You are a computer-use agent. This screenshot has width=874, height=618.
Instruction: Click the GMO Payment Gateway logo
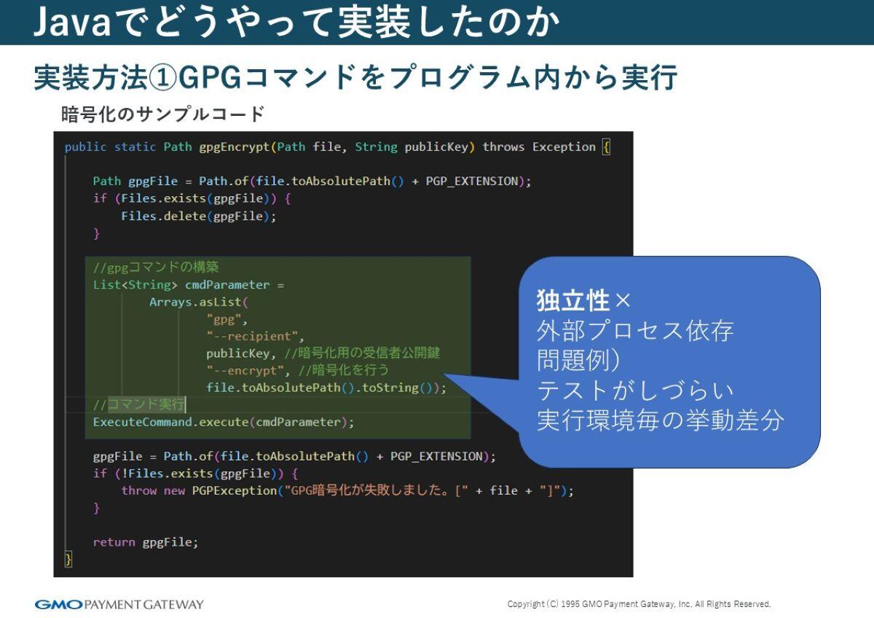tap(119, 604)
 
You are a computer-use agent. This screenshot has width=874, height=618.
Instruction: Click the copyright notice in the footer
tap(639, 604)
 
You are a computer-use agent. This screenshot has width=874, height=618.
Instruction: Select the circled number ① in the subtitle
tap(163, 77)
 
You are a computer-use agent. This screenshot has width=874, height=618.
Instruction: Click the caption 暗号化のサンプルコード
tap(162, 114)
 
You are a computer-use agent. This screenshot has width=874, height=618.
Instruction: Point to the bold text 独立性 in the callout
tap(572, 300)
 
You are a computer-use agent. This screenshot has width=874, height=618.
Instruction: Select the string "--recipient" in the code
tap(254, 336)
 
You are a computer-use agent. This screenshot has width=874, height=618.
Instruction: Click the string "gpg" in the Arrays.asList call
tap(227, 319)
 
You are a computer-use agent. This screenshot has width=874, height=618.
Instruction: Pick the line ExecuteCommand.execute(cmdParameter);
tap(224, 422)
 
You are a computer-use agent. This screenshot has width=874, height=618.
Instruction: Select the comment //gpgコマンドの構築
tap(156, 267)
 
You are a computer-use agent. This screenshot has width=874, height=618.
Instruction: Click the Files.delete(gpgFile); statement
tap(199, 216)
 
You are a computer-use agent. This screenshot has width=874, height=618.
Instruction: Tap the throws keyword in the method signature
tap(503, 147)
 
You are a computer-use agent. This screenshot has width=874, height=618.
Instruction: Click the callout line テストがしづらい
tap(634, 391)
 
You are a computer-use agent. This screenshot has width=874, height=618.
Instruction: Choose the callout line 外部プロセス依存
tap(634, 331)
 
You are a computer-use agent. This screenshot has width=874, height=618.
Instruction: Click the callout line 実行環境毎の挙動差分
tap(660, 421)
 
